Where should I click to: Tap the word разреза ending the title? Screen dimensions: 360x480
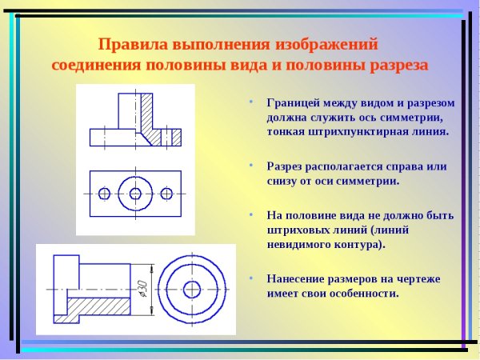(x=395, y=64)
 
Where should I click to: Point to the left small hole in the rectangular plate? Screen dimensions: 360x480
(x=104, y=194)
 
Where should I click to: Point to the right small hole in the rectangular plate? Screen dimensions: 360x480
(x=166, y=194)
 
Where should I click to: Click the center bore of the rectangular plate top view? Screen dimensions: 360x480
(x=135, y=194)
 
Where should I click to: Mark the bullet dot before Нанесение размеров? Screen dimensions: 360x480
(x=250, y=278)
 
